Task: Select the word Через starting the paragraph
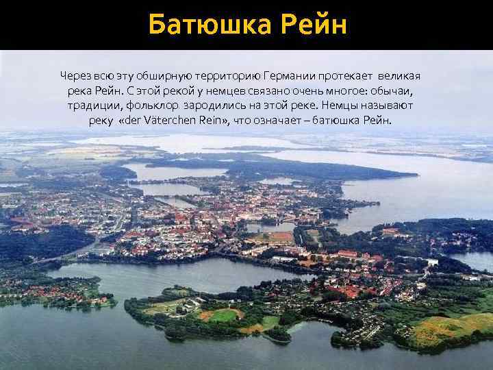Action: [73, 74]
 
